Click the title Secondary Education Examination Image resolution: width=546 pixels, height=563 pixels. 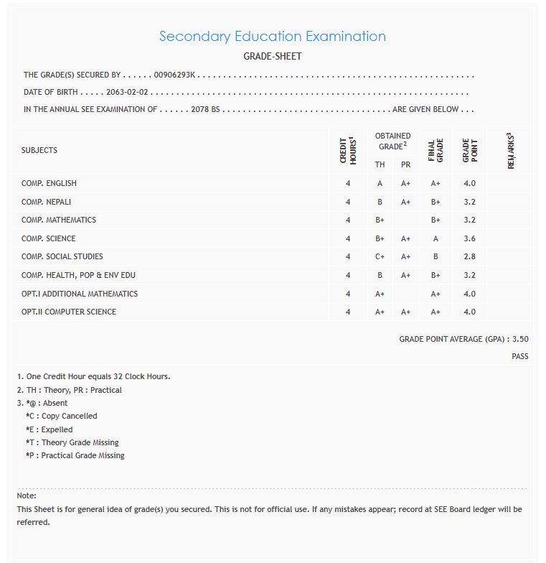pyautogui.click(x=272, y=37)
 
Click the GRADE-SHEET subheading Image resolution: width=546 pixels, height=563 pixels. pyautogui.click(x=272, y=56)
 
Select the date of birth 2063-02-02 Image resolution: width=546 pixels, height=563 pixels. pyautogui.click(x=127, y=93)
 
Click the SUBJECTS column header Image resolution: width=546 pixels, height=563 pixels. pyautogui.click(x=39, y=150)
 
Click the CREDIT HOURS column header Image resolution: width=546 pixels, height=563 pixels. pyautogui.click(x=348, y=150)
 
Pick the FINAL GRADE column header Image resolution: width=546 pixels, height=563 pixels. pyautogui.click(x=436, y=150)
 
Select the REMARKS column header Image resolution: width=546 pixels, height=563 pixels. pyautogui.click(x=511, y=150)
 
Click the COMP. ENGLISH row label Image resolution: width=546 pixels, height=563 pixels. pyautogui.click(x=49, y=184)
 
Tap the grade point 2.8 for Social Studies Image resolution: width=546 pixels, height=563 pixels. pyautogui.click(x=469, y=257)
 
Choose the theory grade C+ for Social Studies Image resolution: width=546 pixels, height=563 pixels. pyautogui.click(x=380, y=257)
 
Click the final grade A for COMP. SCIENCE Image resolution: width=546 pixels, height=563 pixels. pyautogui.click(x=436, y=238)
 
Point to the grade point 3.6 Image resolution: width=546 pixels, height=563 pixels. pyautogui.click(x=469, y=238)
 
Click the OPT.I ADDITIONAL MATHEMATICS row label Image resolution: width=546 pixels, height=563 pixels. pyautogui.click(x=80, y=294)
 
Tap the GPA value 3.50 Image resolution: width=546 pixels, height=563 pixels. pyautogui.click(x=520, y=339)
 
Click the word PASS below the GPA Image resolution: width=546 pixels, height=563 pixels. pyautogui.click(x=520, y=356)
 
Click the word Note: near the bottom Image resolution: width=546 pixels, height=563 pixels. pyautogui.click(x=27, y=495)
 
